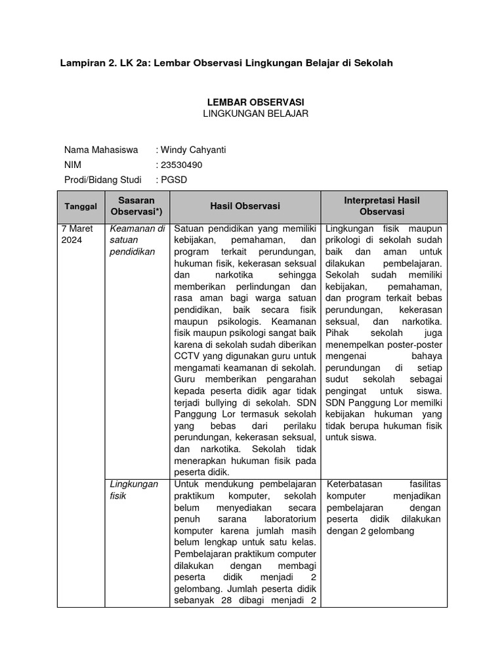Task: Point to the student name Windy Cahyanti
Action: click(x=193, y=150)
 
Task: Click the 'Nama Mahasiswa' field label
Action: click(x=101, y=150)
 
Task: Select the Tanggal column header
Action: click(x=81, y=206)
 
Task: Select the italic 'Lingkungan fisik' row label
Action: click(x=134, y=490)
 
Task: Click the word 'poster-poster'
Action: click(x=416, y=344)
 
